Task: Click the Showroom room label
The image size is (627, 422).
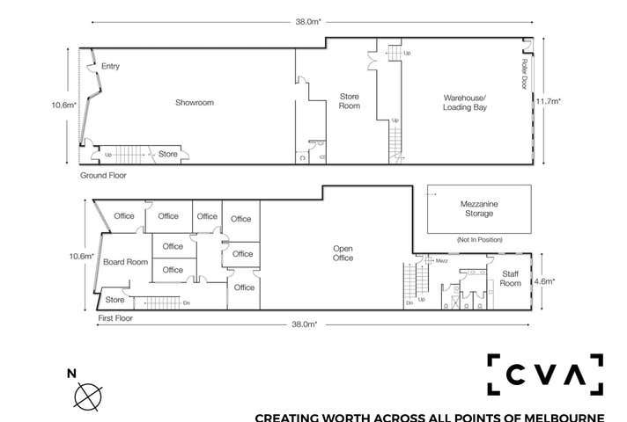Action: click(194, 103)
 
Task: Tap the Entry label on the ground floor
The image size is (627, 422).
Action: click(110, 67)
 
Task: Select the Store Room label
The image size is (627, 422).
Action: click(350, 101)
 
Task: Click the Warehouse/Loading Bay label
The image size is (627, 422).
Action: click(464, 102)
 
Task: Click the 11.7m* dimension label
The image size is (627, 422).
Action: click(550, 101)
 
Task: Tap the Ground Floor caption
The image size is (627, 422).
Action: click(103, 176)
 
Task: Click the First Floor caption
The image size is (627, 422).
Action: click(116, 317)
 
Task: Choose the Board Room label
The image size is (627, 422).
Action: click(124, 262)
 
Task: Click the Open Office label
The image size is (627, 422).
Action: click(343, 252)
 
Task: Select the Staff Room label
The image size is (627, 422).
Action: click(510, 279)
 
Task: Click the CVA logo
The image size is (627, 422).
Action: click(545, 375)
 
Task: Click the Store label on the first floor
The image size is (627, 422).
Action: click(114, 300)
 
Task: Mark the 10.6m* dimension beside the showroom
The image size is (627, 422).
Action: click(64, 105)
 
